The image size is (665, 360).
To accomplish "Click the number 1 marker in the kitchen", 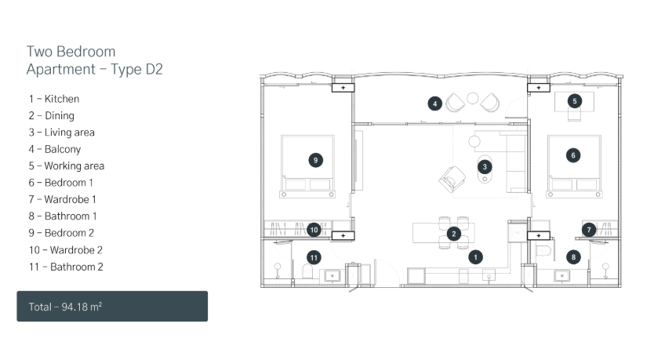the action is (475, 257).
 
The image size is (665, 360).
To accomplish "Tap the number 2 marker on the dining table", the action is (454, 234).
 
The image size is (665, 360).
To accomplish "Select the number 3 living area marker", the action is (485, 166).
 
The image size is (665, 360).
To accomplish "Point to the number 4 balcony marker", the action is (434, 104).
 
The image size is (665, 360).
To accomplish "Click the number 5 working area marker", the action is (575, 101).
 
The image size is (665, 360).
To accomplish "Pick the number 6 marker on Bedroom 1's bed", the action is (573, 155).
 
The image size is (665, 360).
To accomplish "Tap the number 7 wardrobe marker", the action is (589, 230).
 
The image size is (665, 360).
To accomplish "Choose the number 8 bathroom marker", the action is (573, 257).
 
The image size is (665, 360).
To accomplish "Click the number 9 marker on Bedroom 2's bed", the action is (315, 160).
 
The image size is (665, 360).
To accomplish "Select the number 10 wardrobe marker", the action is (314, 230).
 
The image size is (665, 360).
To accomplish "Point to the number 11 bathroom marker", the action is (314, 257).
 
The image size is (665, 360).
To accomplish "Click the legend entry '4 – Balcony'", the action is (55, 149).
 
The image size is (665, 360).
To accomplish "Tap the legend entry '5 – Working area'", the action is (67, 165).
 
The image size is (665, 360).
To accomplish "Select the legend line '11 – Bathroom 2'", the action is (66, 267).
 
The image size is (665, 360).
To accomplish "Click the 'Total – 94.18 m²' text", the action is (65, 307).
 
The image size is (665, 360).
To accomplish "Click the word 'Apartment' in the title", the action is (61, 69).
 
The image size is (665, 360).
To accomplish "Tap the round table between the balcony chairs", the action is (472, 98).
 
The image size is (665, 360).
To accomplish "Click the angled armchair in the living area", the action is (452, 179).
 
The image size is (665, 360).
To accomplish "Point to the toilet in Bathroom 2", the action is (307, 272).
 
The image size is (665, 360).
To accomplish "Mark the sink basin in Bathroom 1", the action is (562, 276).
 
